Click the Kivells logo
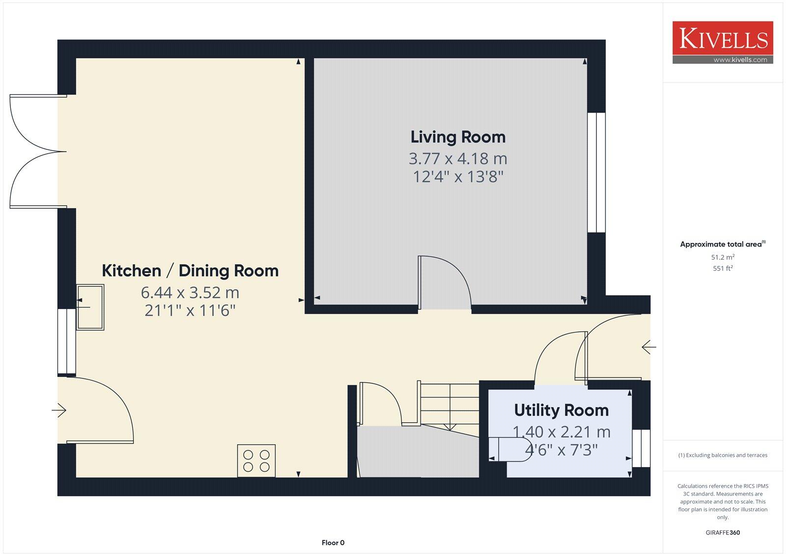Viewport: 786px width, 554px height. pyautogui.click(x=723, y=42)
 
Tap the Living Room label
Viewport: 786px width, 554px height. pyautogui.click(x=458, y=137)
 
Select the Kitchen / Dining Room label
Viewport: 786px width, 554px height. pyautogui.click(x=190, y=271)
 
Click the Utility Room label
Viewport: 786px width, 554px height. pyautogui.click(x=561, y=410)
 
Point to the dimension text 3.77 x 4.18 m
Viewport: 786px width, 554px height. pyautogui.click(x=458, y=159)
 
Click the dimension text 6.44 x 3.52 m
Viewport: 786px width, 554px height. pyautogui.click(x=190, y=293)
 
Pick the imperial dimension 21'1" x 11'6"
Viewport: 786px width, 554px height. pyautogui.click(x=190, y=310)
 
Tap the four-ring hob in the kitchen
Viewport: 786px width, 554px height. pyautogui.click(x=256, y=461)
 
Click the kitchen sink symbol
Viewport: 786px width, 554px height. pyautogui.click(x=90, y=307)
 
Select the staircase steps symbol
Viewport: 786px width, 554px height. pyautogui.click(x=449, y=405)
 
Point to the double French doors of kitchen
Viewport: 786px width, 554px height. pyautogui.click(x=37, y=151)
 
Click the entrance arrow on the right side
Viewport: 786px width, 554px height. pyautogui.click(x=648, y=347)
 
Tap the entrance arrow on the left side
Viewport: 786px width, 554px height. pyautogui.click(x=59, y=410)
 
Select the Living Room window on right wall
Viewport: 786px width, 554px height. pyautogui.click(x=596, y=172)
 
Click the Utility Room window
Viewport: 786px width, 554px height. pyautogui.click(x=641, y=448)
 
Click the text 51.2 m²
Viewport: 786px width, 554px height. pyautogui.click(x=723, y=257)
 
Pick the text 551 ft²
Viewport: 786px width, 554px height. pyautogui.click(x=723, y=269)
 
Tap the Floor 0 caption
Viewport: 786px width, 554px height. pyautogui.click(x=333, y=543)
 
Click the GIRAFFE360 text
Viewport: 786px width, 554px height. pyautogui.click(x=723, y=532)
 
